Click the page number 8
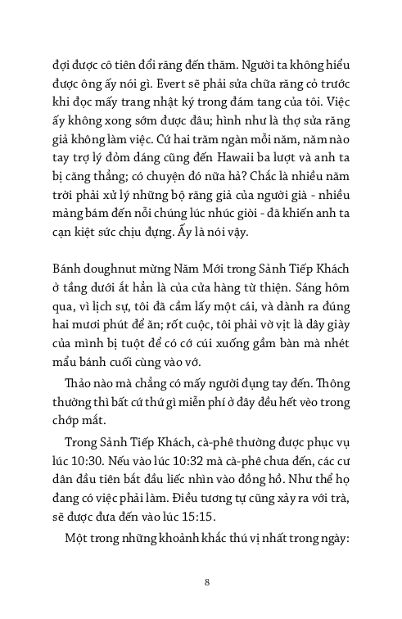pyautogui.click(x=208, y=582)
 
